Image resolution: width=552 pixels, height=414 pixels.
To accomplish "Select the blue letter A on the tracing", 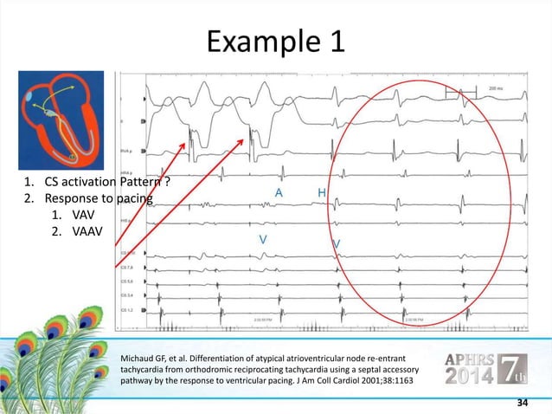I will pos(278,192).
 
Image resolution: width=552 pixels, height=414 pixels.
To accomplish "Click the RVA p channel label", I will pos(125,151).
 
